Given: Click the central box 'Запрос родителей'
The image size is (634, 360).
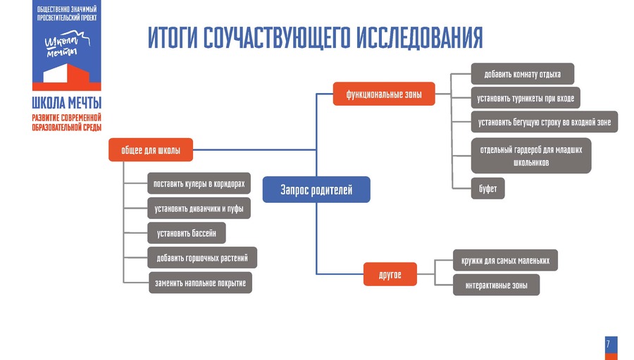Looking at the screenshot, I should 316,190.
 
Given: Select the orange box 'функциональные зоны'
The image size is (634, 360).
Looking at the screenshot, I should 384,94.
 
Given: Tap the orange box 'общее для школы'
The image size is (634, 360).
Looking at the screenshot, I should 150,150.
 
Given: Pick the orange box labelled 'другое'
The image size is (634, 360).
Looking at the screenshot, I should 390,274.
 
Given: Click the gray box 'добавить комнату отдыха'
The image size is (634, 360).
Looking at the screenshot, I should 522,74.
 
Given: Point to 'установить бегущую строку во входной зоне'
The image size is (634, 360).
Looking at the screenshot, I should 545,122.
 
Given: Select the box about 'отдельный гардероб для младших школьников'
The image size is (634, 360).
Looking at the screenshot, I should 531,156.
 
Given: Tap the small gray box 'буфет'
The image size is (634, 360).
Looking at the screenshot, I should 487,189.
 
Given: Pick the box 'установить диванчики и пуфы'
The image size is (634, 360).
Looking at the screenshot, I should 199,209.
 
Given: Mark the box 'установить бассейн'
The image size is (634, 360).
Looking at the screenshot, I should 187,232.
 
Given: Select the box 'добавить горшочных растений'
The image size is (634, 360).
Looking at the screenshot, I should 202,258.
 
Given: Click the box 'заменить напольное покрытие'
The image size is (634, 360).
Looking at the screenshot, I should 200,283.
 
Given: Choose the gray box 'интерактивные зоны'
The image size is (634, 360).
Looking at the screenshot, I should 497,285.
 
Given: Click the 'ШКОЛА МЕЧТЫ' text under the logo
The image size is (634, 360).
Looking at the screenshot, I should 66,102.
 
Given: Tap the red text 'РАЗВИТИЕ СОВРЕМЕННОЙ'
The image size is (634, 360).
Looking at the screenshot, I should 66,117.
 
